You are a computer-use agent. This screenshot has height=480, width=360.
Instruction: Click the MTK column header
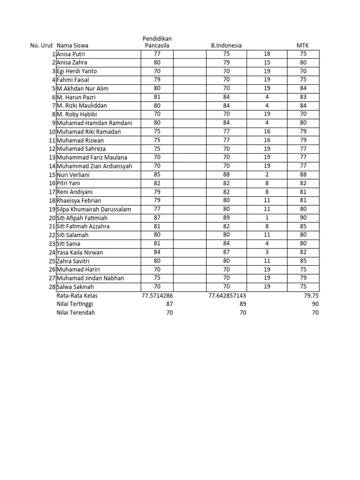coord(303,45)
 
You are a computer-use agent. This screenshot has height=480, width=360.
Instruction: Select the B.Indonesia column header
coord(226,45)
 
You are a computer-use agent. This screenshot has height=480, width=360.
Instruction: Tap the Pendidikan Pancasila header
coord(157,42)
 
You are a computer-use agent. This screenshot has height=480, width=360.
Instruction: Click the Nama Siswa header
coord(72,45)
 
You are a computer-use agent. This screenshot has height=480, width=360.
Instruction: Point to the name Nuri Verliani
coord(75,175)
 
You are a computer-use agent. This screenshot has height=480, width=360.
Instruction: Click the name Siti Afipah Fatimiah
coord(82,218)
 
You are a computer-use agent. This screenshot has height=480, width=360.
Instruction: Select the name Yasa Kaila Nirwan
coord(80,253)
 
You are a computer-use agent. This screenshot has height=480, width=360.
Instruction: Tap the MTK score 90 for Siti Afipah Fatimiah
coord(303,218)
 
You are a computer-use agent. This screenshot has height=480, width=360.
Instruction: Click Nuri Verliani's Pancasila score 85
coord(157,175)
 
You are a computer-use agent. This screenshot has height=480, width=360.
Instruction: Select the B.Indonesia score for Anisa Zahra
coord(226,63)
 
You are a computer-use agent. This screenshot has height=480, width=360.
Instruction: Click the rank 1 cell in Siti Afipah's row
coord(267,218)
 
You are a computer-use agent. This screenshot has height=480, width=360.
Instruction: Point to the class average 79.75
coord(311,296)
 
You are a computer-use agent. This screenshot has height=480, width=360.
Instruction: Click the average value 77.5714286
coord(157,296)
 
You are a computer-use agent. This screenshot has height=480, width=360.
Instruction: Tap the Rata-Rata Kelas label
coord(77,296)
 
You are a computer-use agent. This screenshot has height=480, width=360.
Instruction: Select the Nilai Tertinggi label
coord(75,304)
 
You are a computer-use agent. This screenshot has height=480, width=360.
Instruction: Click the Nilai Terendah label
coord(75,313)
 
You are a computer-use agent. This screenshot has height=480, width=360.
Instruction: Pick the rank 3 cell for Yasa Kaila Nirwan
coord(267,253)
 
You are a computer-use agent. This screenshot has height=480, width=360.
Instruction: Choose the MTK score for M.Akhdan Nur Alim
coord(303,89)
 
